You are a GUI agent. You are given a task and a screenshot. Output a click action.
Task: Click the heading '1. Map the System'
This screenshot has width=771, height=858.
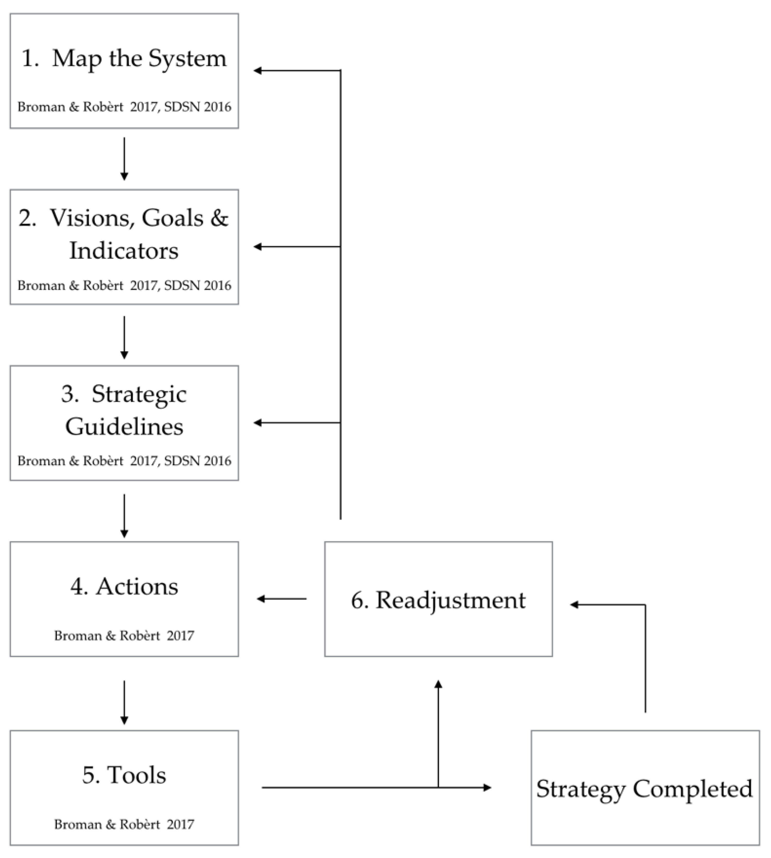click(x=124, y=58)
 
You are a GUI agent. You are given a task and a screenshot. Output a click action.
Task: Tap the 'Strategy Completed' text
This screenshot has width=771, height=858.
click(x=644, y=789)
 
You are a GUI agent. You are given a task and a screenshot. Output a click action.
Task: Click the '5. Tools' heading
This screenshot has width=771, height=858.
click(x=124, y=775)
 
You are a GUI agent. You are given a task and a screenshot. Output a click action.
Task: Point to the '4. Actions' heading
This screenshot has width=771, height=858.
click(x=124, y=587)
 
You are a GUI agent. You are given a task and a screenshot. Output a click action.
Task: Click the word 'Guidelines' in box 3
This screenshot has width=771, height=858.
click(x=124, y=427)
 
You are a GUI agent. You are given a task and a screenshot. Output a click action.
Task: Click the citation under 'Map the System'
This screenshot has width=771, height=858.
click(x=124, y=107)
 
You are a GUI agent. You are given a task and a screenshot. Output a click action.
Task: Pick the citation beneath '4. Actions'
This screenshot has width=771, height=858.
click(x=124, y=636)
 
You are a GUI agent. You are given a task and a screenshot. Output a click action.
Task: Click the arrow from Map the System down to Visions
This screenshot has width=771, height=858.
click(x=124, y=158)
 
